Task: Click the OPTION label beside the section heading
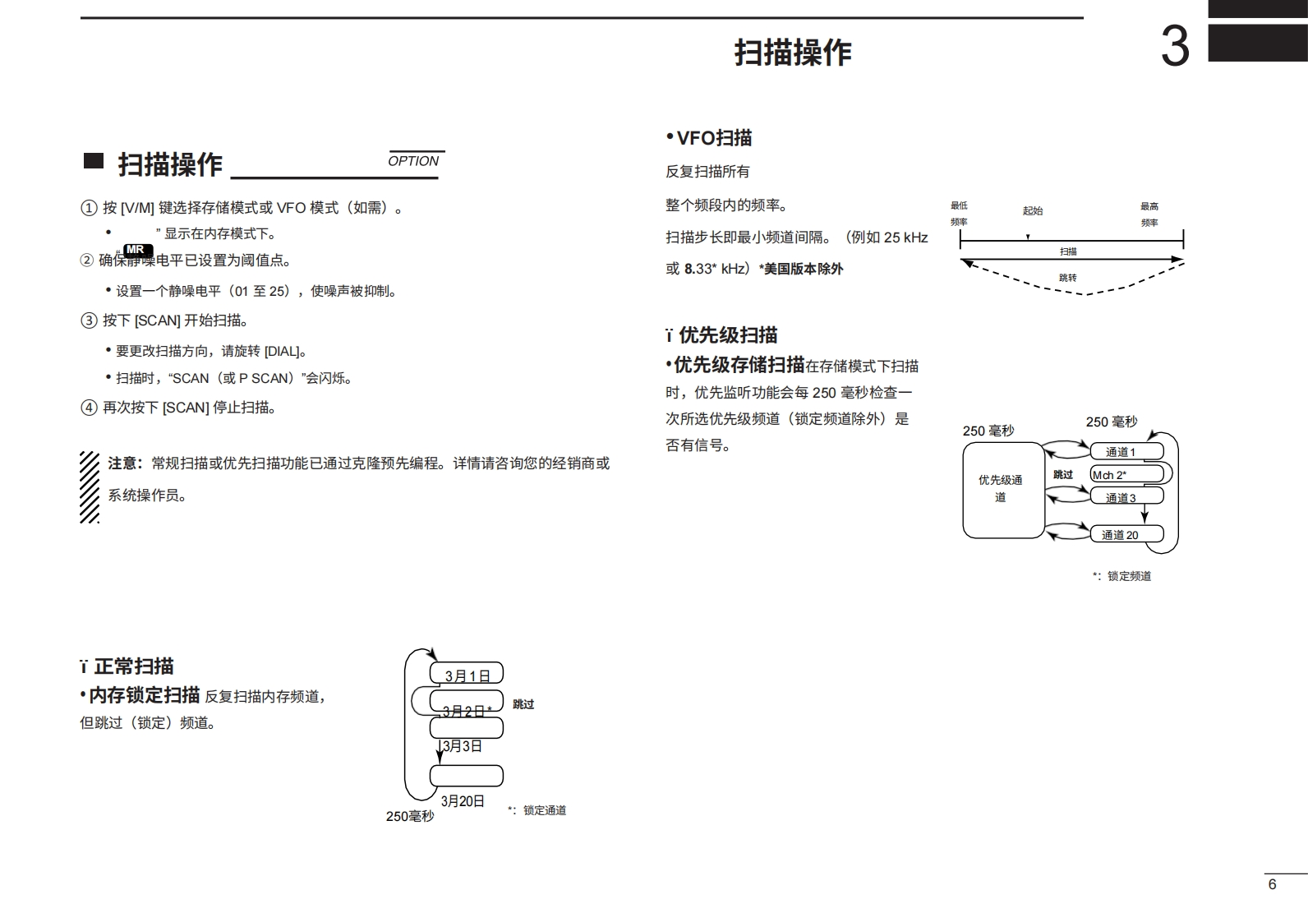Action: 413,161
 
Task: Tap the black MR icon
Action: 136,250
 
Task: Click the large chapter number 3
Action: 1175,47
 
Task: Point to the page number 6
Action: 1273,884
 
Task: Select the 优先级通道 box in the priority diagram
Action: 1002,490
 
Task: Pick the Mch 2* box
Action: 1126,474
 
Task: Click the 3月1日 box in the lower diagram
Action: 467,675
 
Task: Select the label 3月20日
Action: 463,800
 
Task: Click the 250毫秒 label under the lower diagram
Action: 410,816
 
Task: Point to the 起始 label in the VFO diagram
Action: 1033,211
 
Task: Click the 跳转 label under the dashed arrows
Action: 1067,278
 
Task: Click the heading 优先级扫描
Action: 727,335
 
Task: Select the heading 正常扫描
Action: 133,666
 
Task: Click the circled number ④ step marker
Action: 89,408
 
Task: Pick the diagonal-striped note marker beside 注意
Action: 90,486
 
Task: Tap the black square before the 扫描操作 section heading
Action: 94,161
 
